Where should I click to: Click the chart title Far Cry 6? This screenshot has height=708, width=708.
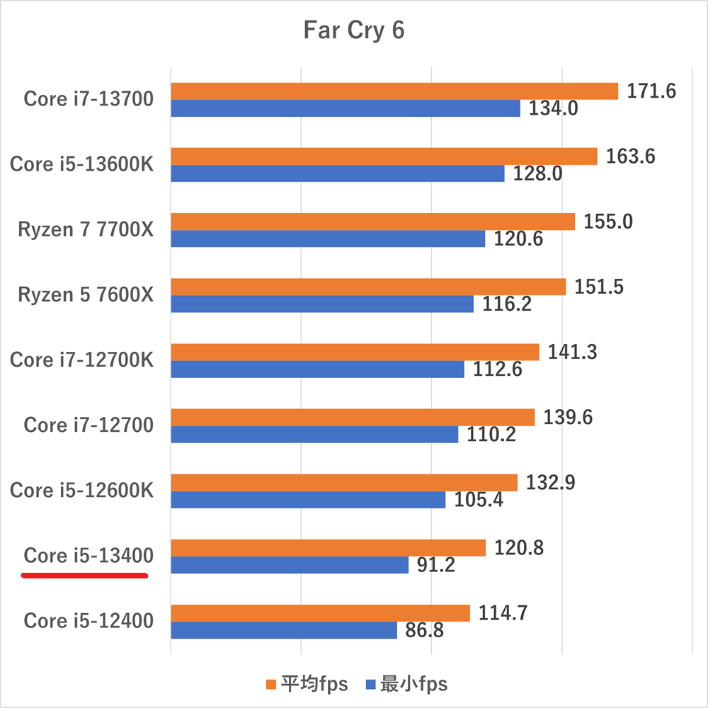pos(353,31)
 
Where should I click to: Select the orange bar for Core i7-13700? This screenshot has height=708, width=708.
pos(394,91)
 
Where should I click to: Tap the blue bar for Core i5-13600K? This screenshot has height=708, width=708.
pos(337,173)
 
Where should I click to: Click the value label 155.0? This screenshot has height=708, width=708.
pos(608,222)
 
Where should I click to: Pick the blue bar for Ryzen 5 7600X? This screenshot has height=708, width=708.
pos(322,304)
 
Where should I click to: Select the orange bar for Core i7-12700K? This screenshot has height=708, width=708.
pos(355,352)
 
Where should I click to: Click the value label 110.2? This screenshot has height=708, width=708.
pos(491,435)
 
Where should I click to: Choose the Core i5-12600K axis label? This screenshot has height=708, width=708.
pos(81,490)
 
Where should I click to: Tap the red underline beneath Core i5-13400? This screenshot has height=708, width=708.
pos(85,576)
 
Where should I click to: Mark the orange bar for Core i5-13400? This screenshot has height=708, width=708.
pos(328,547)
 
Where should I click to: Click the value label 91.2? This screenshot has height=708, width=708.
pos(436,565)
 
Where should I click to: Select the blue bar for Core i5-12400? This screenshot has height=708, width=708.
pos(283,630)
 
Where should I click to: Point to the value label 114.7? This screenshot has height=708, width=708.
pos(502,613)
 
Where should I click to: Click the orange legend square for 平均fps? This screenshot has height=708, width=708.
pos(270,684)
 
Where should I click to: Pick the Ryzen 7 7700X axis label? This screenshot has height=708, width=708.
pos(85,229)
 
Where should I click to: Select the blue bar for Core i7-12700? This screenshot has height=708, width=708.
pos(314,434)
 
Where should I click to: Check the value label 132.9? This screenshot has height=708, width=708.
pos(549,483)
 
